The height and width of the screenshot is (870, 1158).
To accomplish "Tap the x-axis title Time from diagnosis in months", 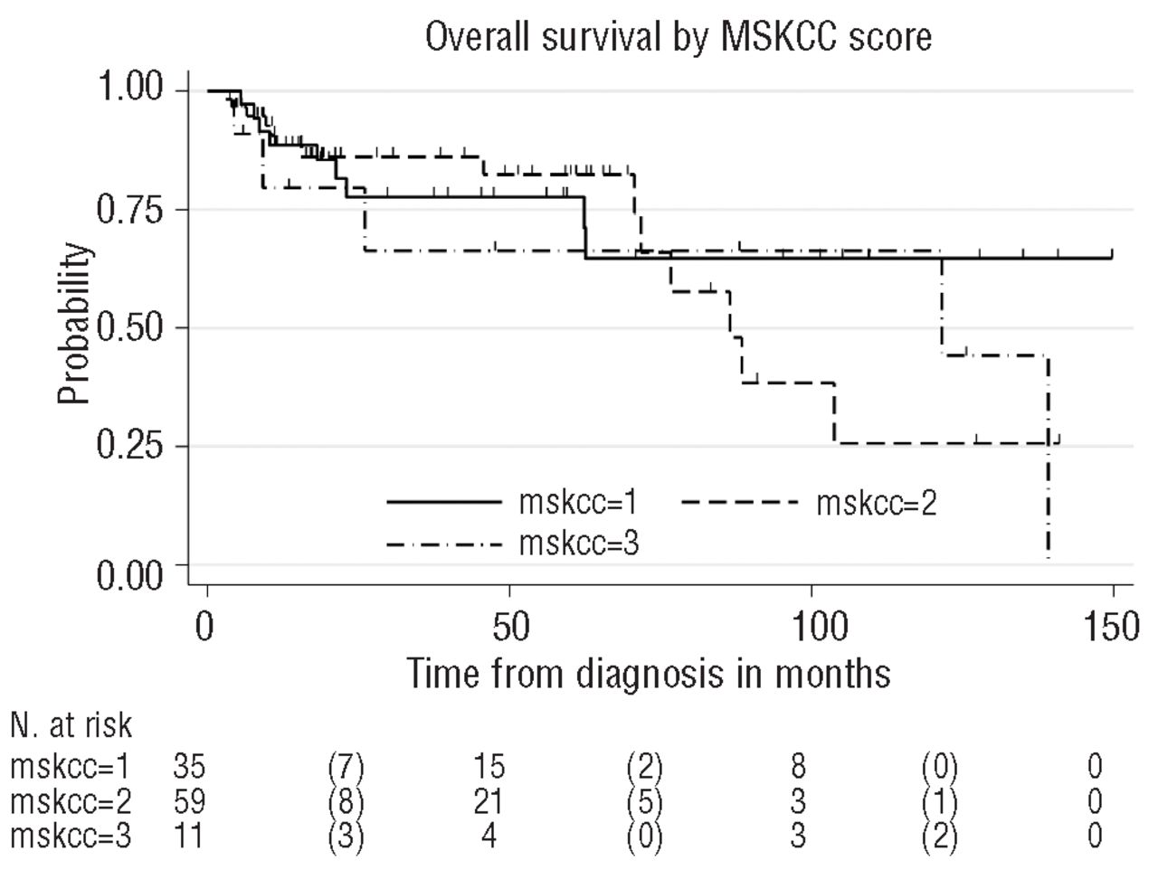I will tap(647, 674).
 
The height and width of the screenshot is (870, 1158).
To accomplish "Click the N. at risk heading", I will tap(71, 724).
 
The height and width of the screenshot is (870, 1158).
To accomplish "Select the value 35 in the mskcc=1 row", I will tap(189, 767).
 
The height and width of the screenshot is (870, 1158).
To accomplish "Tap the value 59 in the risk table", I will tap(189, 801).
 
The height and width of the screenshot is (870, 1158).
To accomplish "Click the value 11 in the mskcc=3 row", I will tap(189, 836).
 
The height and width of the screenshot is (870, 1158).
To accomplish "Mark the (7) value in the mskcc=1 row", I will tap(346, 767).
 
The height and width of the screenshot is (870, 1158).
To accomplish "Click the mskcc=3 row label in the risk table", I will tap(71, 836).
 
